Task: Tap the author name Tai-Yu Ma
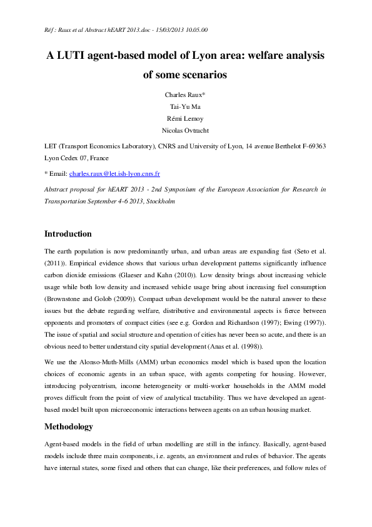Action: tap(186, 106)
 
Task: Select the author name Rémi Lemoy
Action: tap(186, 118)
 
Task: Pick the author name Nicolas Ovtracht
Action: tap(186, 130)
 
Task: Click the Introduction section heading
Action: tap(68, 233)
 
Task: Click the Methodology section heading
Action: tap(68, 426)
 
